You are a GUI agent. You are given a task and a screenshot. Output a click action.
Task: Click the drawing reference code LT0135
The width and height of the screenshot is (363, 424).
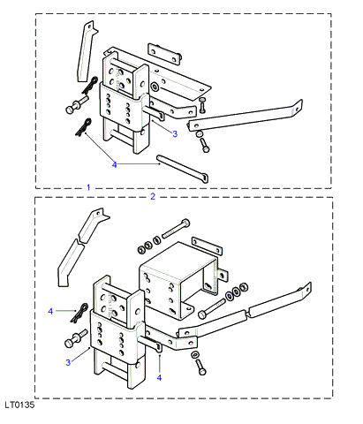(19, 405)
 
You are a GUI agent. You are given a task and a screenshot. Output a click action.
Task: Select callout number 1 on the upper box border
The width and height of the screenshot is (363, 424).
(88, 187)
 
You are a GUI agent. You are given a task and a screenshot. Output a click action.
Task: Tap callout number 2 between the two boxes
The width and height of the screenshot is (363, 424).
(153, 196)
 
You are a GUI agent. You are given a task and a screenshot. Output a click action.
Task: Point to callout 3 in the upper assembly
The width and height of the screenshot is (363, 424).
(175, 134)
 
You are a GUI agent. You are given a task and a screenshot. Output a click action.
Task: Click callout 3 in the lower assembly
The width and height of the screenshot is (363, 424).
(68, 362)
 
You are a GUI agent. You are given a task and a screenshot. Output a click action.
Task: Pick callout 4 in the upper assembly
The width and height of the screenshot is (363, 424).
(115, 164)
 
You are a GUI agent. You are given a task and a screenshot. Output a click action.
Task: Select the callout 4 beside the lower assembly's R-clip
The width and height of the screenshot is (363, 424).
(50, 311)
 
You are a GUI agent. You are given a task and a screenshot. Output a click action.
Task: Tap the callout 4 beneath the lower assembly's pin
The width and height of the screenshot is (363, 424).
(159, 377)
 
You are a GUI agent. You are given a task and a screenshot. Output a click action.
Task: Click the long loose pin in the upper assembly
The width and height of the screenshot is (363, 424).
(183, 169)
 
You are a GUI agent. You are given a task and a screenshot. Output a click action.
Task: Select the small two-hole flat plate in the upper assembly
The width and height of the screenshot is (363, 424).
(164, 54)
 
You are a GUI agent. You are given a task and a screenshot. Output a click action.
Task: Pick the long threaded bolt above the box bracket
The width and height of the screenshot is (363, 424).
(176, 229)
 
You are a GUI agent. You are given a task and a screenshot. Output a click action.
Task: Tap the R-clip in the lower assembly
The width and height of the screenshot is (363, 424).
(79, 313)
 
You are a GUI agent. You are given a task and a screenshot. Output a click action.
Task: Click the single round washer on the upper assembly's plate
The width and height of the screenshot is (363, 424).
(155, 87)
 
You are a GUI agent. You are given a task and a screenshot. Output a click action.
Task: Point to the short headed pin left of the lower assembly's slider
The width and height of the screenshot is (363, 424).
(76, 338)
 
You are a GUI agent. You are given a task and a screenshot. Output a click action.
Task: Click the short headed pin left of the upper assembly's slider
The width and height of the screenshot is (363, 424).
(77, 105)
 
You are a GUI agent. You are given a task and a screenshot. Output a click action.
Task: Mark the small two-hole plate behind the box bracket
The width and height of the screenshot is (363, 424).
(207, 246)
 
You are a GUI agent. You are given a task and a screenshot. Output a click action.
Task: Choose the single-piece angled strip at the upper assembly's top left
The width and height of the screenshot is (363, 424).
(86, 51)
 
